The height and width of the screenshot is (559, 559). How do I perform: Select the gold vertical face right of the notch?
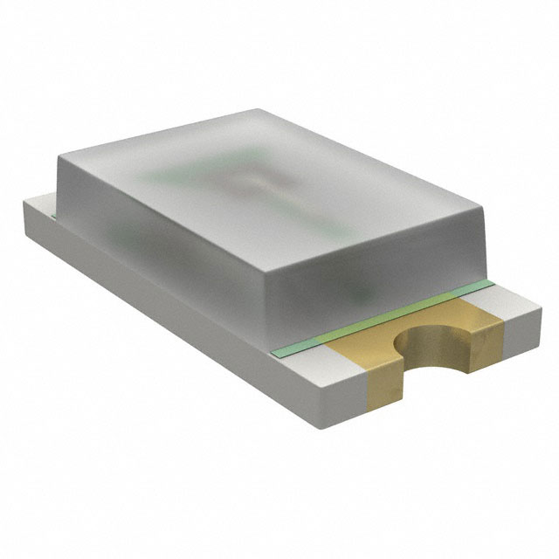[x=486, y=349]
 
